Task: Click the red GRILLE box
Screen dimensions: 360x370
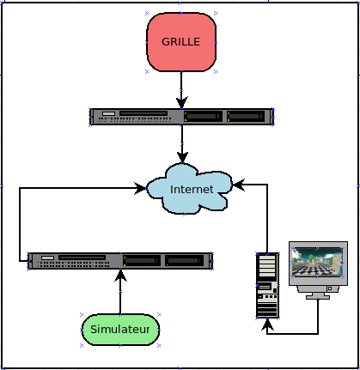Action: [x=181, y=42]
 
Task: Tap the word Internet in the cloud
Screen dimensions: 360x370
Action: [x=192, y=189]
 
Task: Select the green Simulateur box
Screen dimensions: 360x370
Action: [x=120, y=330]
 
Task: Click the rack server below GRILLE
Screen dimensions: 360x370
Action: [x=182, y=117]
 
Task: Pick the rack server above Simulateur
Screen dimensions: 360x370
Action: [x=120, y=261]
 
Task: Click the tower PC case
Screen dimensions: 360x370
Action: [x=267, y=285]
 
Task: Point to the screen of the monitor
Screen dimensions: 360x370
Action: [x=317, y=263]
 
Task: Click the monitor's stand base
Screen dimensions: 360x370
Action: [x=318, y=297]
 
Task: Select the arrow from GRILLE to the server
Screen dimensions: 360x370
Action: [x=181, y=90]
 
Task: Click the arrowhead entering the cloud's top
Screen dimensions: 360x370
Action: [x=182, y=158]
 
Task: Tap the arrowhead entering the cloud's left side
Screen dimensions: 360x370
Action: [x=141, y=188]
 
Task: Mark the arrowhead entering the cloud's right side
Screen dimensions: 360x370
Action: [x=238, y=185]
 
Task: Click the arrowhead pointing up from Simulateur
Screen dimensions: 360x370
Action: [x=120, y=276]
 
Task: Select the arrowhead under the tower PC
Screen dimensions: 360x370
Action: [x=267, y=324]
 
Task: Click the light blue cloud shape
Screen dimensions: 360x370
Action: [x=189, y=189]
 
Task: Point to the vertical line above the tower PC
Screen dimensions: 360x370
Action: [x=267, y=219]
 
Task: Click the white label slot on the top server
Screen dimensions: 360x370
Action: [x=108, y=113]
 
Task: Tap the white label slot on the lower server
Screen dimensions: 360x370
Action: [x=47, y=258]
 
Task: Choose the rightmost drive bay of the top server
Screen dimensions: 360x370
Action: [x=246, y=117]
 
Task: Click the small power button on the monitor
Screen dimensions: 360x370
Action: [x=330, y=288]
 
